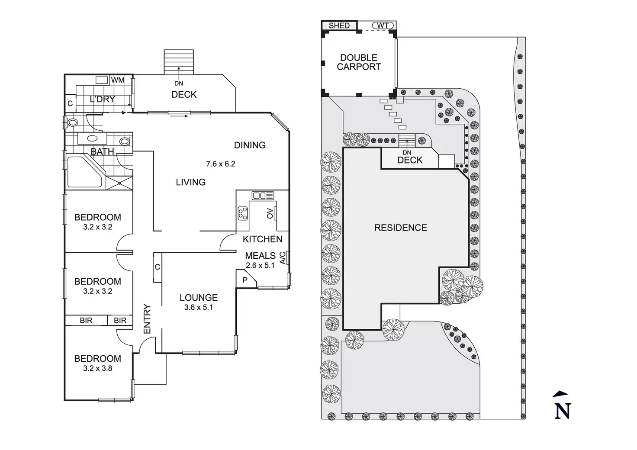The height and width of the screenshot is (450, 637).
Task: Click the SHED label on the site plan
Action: (x=339, y=26)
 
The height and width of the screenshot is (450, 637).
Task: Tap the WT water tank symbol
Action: (x=383, y=26)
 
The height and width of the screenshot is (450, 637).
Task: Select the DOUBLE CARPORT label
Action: (x=359, y=62)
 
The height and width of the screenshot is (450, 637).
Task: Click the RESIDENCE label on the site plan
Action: (x=400, y=228)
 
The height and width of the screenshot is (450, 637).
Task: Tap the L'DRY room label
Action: (x=102, y=99)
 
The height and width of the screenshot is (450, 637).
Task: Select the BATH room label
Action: (x=102, y=151)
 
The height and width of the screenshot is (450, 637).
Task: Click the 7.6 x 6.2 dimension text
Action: (x=220, y=164)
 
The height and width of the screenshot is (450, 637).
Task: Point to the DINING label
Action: (x=250, y=145)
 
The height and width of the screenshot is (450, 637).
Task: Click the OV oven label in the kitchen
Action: (x=270, y=213)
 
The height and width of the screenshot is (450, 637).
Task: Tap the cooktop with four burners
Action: (x=242, y=213)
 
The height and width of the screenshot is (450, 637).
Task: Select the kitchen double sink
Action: (x=263, y=196)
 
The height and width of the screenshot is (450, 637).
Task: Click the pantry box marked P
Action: (x=245, y=280)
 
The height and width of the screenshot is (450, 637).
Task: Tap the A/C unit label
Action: (x=283, y=258)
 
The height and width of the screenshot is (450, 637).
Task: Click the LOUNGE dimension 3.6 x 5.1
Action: (x=198, y=308)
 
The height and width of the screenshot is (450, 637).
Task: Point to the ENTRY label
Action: (x=147, y=319)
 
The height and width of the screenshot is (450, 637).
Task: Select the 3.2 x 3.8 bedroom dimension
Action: (x=97, y=369)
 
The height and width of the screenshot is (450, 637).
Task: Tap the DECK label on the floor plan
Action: (x=184, y=94)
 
